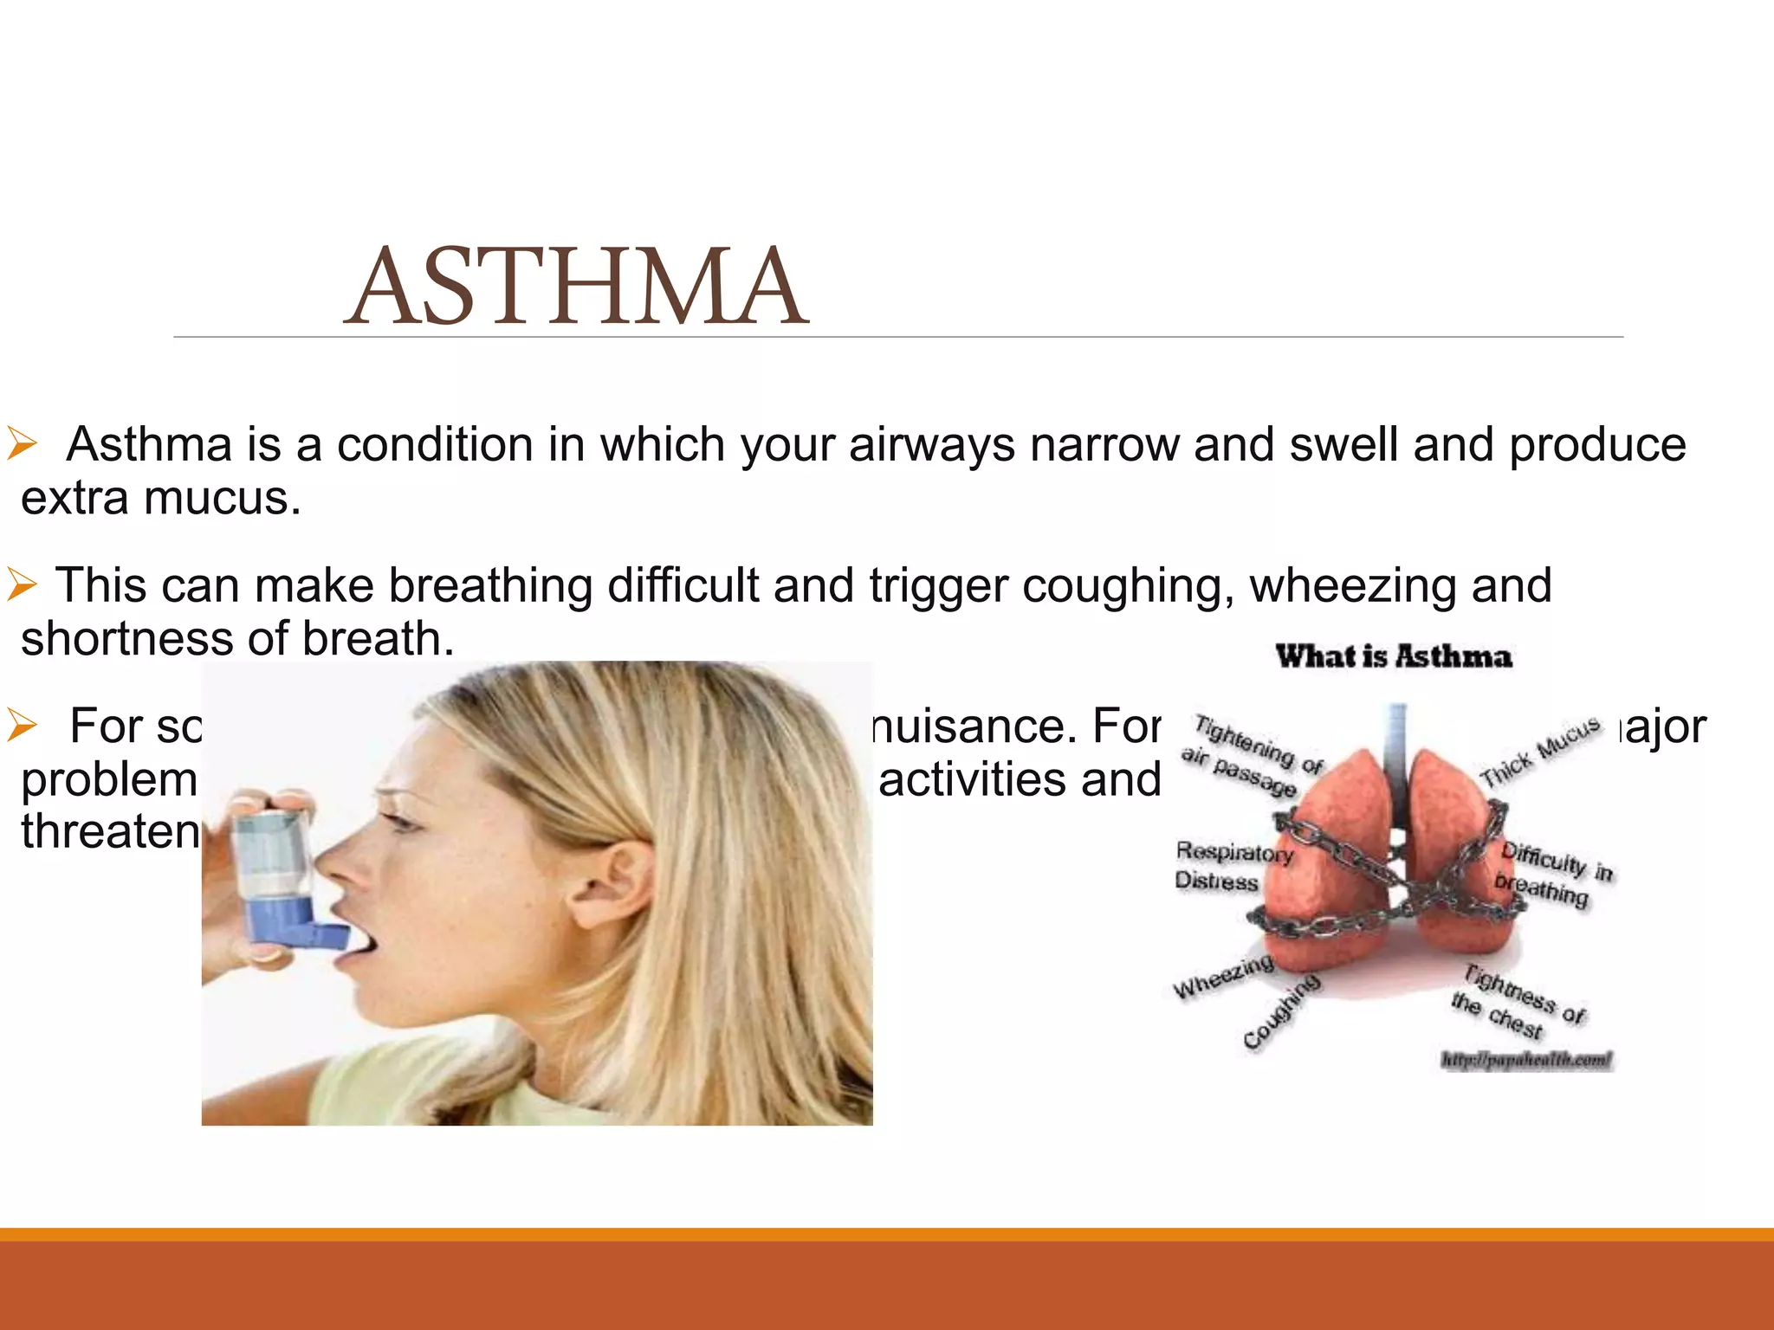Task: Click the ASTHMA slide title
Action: click(576, 286)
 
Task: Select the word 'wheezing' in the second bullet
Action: click(1352, 586)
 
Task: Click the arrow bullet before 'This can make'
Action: click(22, 585)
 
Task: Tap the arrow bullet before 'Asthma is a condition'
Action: click(22, 444)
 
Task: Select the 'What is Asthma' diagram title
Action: click(1394, 656)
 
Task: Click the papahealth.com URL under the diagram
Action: click(1526, 1060)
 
